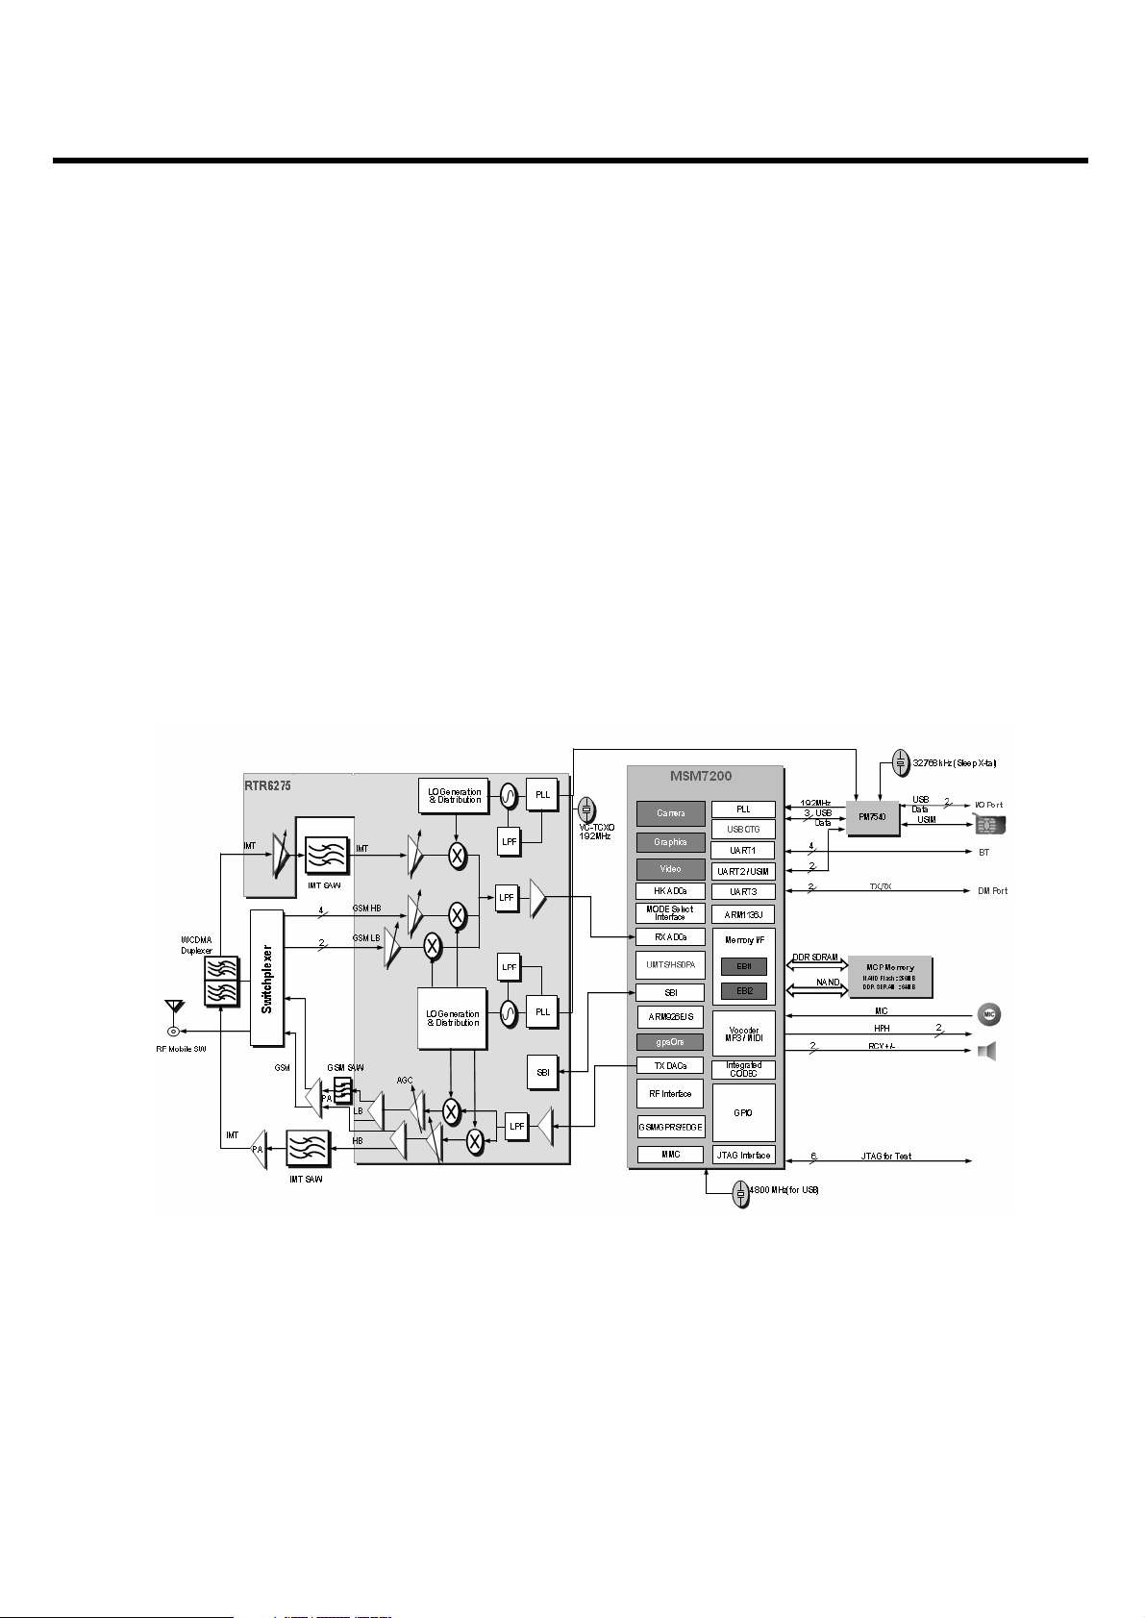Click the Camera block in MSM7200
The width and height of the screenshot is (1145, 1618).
click(670, 813)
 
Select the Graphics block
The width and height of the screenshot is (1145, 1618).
click(670, 842)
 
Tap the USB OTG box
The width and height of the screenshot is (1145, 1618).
click(743, 830)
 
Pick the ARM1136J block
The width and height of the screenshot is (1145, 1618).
click(743, 914)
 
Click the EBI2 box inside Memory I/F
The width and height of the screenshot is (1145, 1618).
click(744, 990)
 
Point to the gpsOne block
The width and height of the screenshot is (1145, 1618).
click(670, 1042)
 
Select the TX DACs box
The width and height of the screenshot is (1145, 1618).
click(670, 1065)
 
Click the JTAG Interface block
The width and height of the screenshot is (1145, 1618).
click(743, 1156)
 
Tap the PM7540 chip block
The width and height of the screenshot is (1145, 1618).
click(873, 817)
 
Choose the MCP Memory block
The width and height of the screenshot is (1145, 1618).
click(890, 977)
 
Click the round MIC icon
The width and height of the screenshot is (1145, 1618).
click(988, 1014)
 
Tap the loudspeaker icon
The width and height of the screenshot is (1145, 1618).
click(986, 1051)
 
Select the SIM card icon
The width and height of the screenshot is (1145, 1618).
click(990, 825)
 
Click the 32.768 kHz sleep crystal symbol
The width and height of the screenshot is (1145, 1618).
click(900, 763)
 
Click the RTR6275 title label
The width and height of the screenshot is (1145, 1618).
click(267, 785)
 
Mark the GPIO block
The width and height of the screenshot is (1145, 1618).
click(743, 1112)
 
